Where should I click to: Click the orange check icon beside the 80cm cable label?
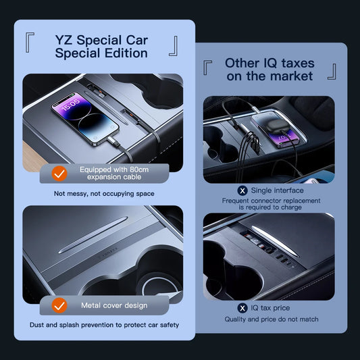click(x=60, y=174)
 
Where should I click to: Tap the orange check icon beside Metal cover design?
click(x=60, y=305)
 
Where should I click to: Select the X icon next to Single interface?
click(x=242, y=190)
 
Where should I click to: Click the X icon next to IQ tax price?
click(x=242, y=308)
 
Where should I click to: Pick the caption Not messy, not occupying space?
click(x=105, y=194)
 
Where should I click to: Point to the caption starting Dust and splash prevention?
click(x=105, y=326)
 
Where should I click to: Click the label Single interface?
click(x=277, y=190)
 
